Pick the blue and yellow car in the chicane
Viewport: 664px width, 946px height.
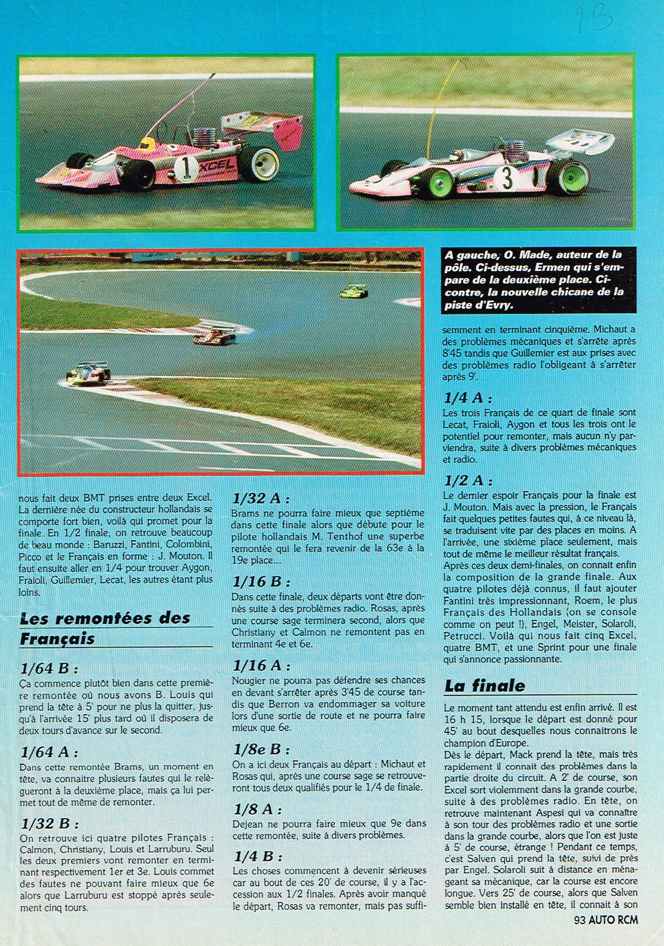(x=87, y=372)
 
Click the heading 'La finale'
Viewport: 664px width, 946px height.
(x=484, y=686)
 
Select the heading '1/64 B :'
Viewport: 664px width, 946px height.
(x=49, y=668)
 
